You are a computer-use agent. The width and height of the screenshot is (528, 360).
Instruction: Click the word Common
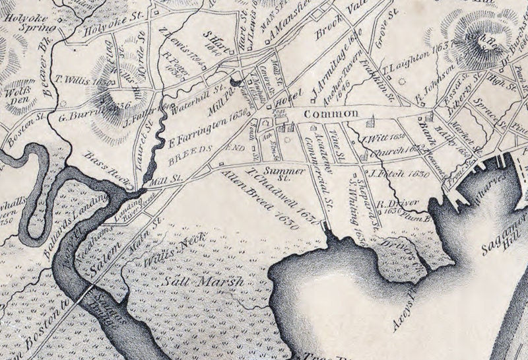pos(331,114)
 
